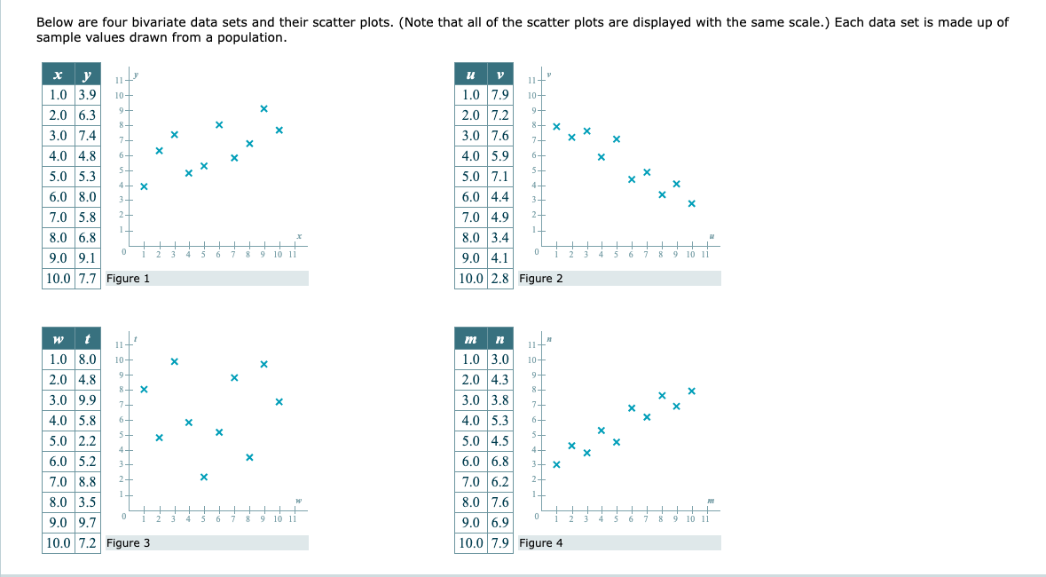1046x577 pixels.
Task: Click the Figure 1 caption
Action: (x=128, y=279)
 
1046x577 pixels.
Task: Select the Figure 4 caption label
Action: (x=540, y=543)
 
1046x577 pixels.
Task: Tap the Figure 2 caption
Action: (x=540, y=279)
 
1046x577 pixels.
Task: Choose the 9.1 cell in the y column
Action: (x=87, y=258)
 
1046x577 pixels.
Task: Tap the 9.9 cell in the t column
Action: (x=87, y=399)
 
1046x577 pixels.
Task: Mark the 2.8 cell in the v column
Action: (x=500, y=279)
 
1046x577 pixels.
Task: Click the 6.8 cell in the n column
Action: (x=500, y=462)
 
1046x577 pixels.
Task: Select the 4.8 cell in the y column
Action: (x=87, y=156)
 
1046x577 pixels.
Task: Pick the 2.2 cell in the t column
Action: (x=87, y=441)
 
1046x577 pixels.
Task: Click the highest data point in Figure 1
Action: (x=264, y=108)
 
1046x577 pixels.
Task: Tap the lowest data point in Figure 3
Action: (x=204, y=477)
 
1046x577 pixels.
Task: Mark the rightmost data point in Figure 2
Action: (x=692, y=204)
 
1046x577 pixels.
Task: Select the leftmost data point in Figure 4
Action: (x=557, y=464)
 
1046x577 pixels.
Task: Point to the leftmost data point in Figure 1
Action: (x=144, y=186)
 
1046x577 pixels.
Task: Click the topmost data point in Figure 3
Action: (x=174, y=361)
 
